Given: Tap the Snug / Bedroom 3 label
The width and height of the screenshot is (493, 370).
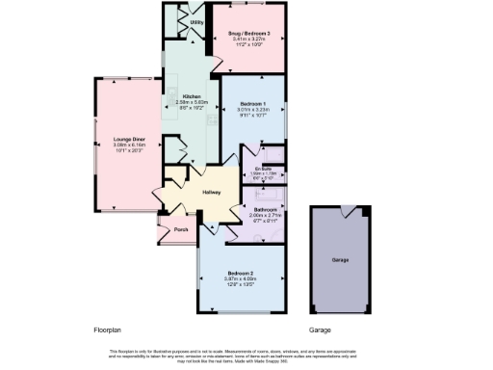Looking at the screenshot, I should [249, 34].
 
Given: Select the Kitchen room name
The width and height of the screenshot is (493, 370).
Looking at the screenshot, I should [190, 96].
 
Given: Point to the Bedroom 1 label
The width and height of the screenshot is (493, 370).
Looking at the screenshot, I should [253, 104].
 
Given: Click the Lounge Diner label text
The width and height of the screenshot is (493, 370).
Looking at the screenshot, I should [128, 140].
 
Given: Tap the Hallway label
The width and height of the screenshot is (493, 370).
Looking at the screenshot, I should [212, 193].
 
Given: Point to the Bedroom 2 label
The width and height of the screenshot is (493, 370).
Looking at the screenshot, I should [241, 272].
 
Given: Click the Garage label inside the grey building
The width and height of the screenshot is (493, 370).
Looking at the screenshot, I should [340, 260].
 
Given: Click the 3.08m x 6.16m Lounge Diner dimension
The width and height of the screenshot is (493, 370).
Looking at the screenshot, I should [128, 145].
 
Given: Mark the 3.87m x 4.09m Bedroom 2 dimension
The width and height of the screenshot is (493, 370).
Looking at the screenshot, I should [241, 277].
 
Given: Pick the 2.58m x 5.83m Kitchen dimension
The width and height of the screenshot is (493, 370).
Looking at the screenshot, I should [190, 102].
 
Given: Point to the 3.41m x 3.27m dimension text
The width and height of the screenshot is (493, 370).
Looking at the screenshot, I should [249, 40].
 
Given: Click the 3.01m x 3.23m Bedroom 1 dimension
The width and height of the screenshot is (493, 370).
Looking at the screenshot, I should [253, 110].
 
